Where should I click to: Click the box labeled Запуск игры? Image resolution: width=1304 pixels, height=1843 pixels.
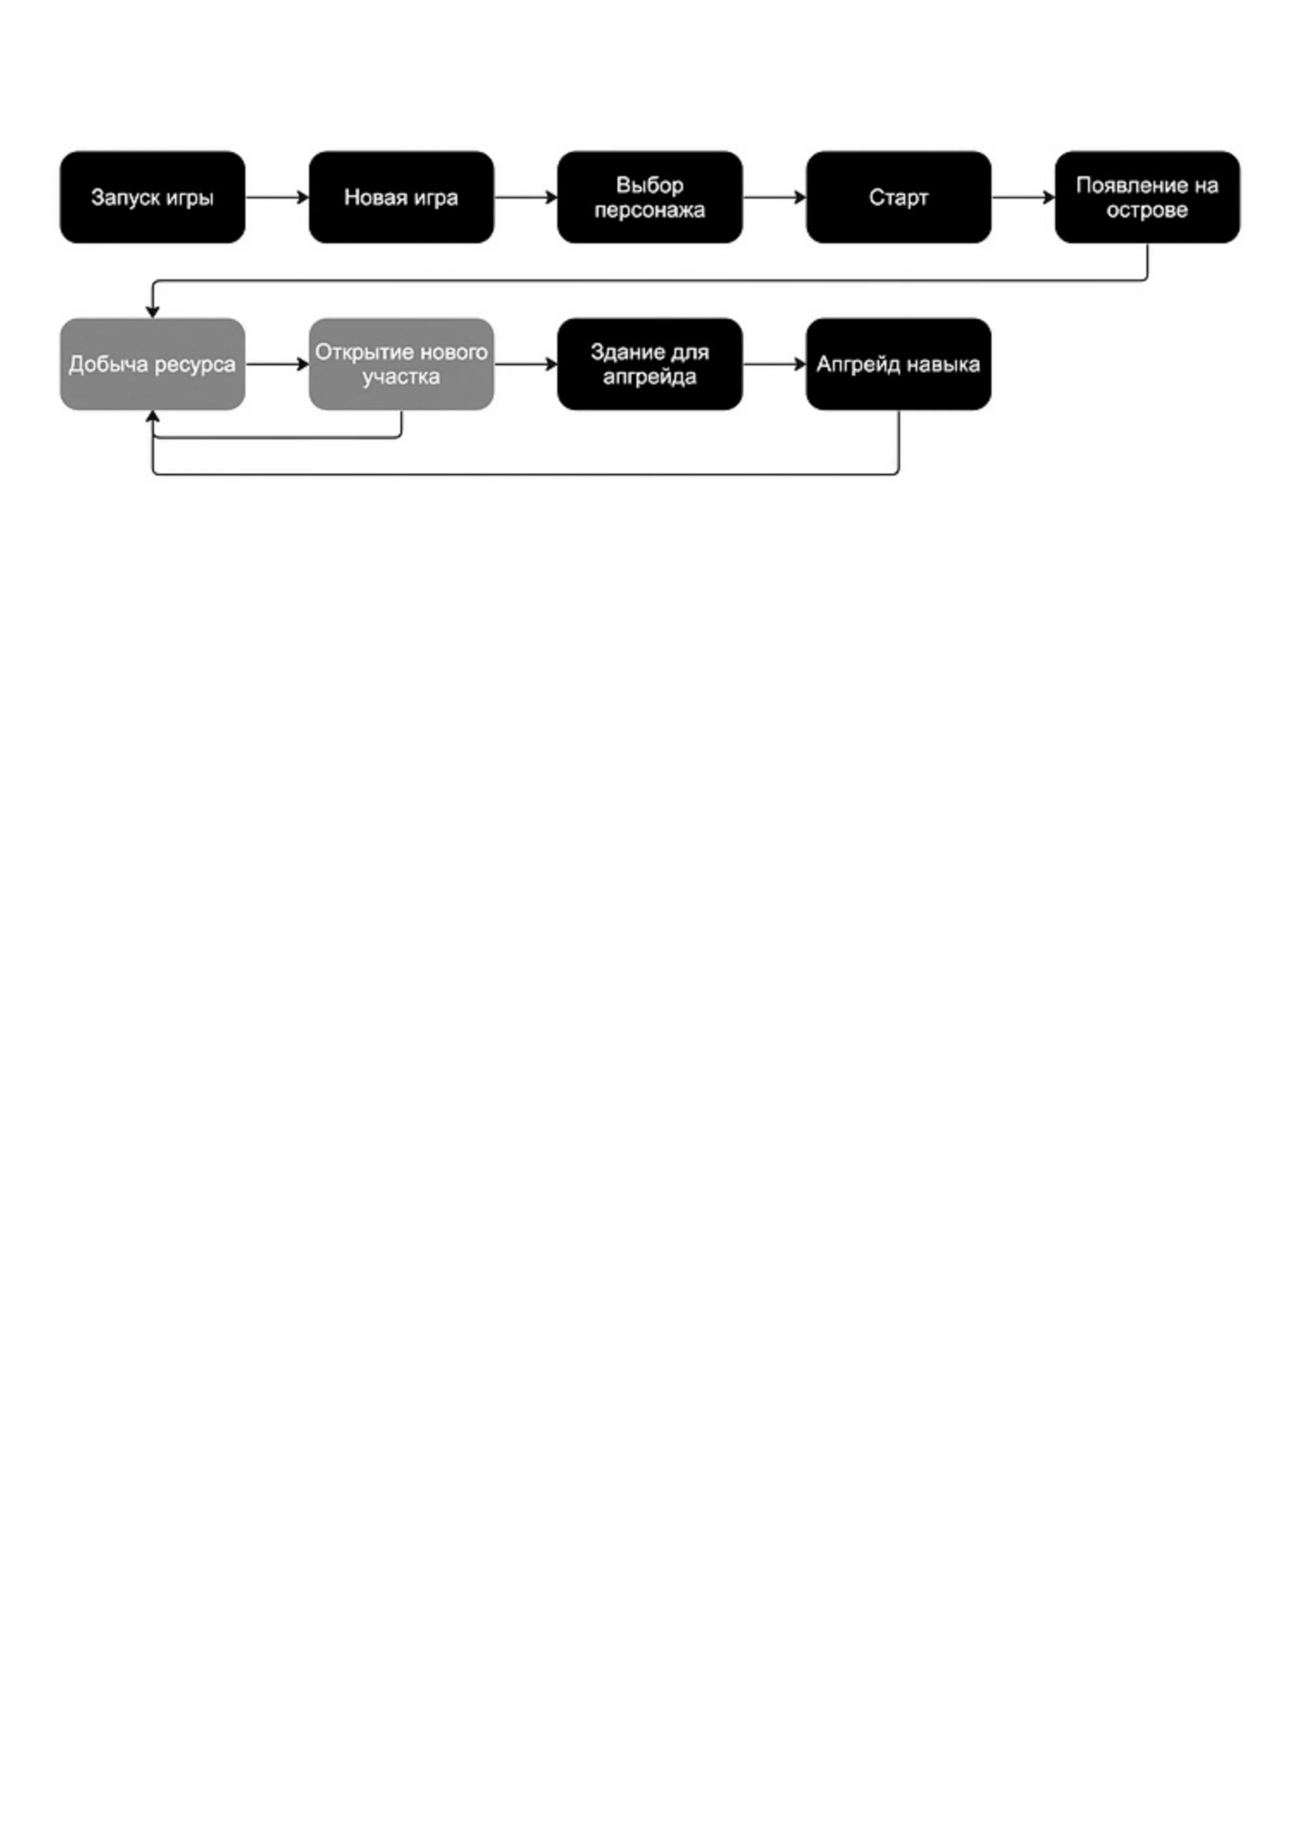(x=152, y=198)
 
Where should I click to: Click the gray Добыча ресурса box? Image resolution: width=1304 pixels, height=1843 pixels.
(x=152, y=365)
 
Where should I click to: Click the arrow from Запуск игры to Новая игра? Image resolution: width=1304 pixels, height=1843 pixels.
(x=277, y=198)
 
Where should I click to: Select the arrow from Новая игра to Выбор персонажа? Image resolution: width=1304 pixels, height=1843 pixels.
(x=526, y=198)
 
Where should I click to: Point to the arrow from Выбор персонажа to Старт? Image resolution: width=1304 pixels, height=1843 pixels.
(x=774, y=198)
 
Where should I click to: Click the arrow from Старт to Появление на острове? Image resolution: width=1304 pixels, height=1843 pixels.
(x=1023, y=198)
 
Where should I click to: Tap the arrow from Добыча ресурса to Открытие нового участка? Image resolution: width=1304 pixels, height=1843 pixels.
(x=277, y=365)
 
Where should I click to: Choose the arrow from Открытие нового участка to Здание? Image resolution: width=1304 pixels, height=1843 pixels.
(x=526, y=365)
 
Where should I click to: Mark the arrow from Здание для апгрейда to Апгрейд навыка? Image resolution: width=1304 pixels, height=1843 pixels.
(x=774, y=365)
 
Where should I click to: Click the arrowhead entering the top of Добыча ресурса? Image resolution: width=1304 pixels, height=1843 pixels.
(x=152, y=311)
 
